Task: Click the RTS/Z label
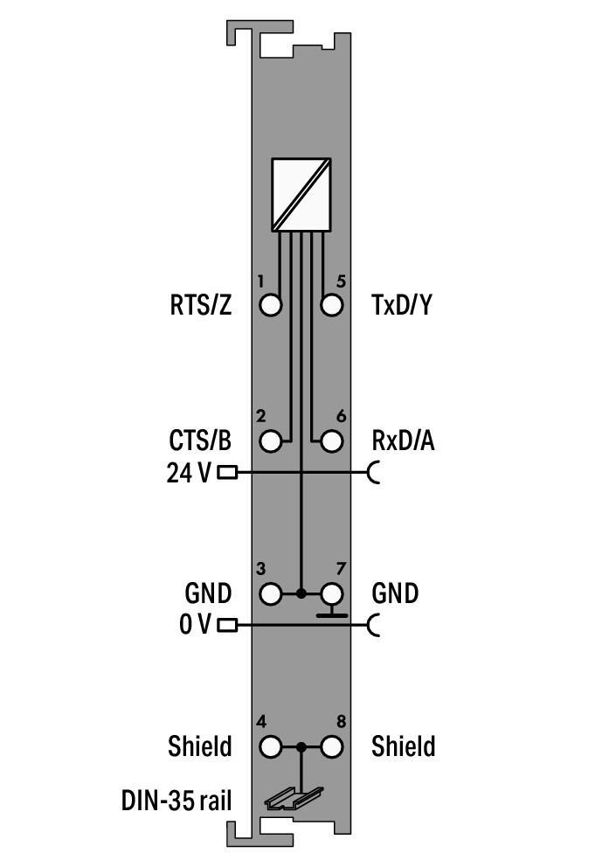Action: coord(201,306)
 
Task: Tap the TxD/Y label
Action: coord(402,306)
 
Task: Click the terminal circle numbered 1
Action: coord(272,306)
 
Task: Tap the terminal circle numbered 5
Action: coord(331,306)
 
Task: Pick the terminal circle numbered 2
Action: coord(272,441)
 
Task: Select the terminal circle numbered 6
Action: coord(331,441)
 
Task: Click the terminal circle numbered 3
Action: coord(272,594)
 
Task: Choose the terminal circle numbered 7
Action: coord(331,594)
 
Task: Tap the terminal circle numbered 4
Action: coord(272,747)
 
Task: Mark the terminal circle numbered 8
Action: coord(331,747)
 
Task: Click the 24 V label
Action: coord(189,473)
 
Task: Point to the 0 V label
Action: coord(194,625)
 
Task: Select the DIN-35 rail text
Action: coord(176,800)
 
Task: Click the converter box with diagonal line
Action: coord(301,194)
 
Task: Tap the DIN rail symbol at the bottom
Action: coord(294,798)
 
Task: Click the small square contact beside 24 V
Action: coord(227,473)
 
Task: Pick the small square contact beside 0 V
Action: coord(227,625)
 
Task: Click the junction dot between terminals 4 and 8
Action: coord(301,747)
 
